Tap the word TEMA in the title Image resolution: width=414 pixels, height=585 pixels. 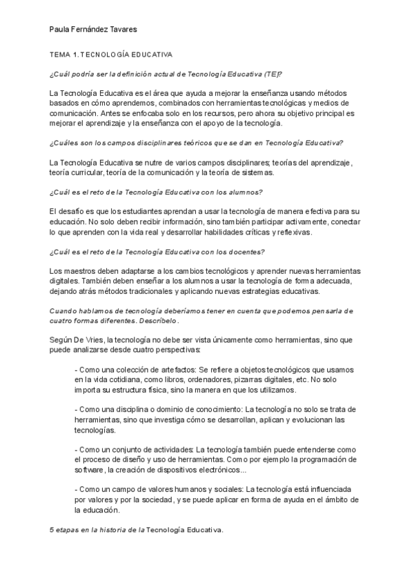click(x=62, y=53)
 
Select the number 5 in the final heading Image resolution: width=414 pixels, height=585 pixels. click(x=52, y=530)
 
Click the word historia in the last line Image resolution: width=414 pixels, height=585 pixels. click(x=119, y=530)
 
